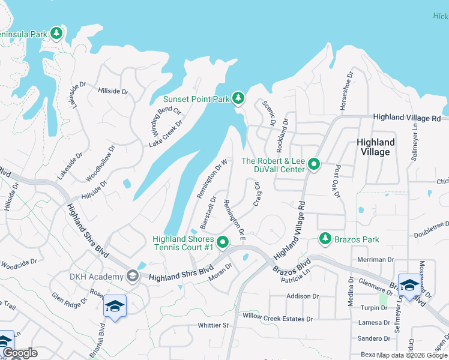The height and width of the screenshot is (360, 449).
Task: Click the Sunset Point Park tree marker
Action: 238,98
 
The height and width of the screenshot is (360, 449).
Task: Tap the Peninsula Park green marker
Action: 56,34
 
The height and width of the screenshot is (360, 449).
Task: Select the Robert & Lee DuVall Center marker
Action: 313,164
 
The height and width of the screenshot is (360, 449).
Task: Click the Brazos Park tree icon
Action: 325,239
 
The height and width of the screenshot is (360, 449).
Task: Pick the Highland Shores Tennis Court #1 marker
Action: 223,243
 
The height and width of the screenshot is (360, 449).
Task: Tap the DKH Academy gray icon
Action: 133,277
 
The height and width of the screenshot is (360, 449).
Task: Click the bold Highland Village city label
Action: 376,147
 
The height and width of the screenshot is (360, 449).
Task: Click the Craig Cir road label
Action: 257,194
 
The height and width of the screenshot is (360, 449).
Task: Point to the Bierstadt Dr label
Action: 208,212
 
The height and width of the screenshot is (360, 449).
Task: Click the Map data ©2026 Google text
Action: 412,355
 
